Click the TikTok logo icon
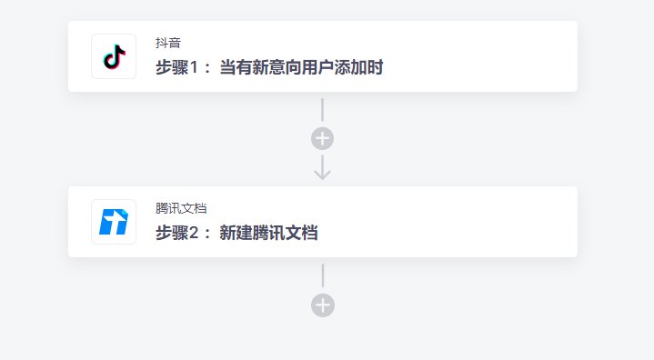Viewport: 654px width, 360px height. pyautogui.click(x=114, y=56)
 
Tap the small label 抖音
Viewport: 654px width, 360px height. pyautogui.click(x=168, y=43)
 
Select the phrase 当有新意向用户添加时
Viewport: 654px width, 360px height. pyautogui.click(x=302, y=67)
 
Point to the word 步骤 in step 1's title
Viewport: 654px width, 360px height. pyautogui.click(x=173, y=67)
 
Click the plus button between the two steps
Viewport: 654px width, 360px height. pyautogui.click(x=323, y=138)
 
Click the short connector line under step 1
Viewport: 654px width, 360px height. pyautogui.click(x=323, y=109)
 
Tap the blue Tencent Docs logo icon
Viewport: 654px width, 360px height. pyautogui.click(x=114, y=222)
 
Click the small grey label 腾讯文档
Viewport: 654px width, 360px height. pyautogui.click(x=181, y=208)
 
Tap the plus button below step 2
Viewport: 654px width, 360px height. pyautogui.click(x=323, y=305)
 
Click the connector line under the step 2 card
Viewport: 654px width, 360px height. pyautogui.click(x=323, y=275)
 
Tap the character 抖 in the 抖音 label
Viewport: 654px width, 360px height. pyautogui.click(x=162, y=43)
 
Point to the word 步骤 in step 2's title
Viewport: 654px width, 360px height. pyautogui.click(x=173, y=233)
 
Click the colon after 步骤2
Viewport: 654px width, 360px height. pyautogui.click(x=208, y=234)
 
